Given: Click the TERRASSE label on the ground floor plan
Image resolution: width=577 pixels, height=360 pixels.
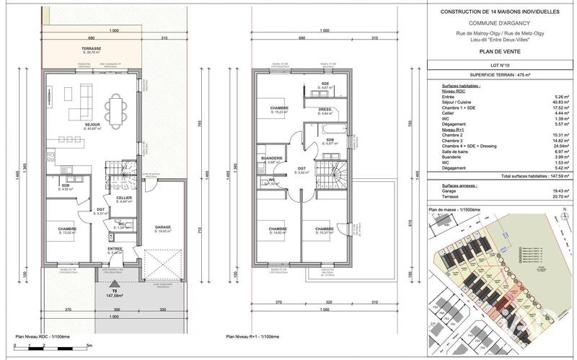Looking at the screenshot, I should click(91, 49).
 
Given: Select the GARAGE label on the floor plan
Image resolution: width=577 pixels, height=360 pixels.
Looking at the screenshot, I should click(163, 228).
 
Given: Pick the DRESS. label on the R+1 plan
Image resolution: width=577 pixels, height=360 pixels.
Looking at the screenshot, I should click(325, 110).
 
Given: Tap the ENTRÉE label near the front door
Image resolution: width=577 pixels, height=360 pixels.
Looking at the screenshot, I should click(115, 250).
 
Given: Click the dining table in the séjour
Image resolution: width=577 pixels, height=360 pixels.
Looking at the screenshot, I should click(115, 111).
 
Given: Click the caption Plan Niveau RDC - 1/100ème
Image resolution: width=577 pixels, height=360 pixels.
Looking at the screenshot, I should click(45, 336).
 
